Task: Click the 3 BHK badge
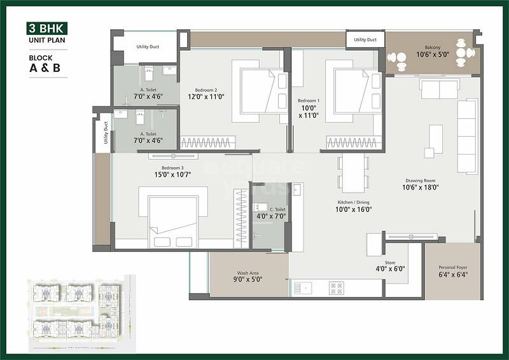tap(46, 28)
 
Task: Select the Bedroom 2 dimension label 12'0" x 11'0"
tap(206, 97)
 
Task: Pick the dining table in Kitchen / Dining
tap(352, 172)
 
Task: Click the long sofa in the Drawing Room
tap(466, 137)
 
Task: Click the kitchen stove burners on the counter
tap(336, 287)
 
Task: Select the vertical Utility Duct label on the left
tap(106, 134)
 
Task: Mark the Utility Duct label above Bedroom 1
tap(365, 39)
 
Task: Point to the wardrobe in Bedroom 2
tap(207, 143)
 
